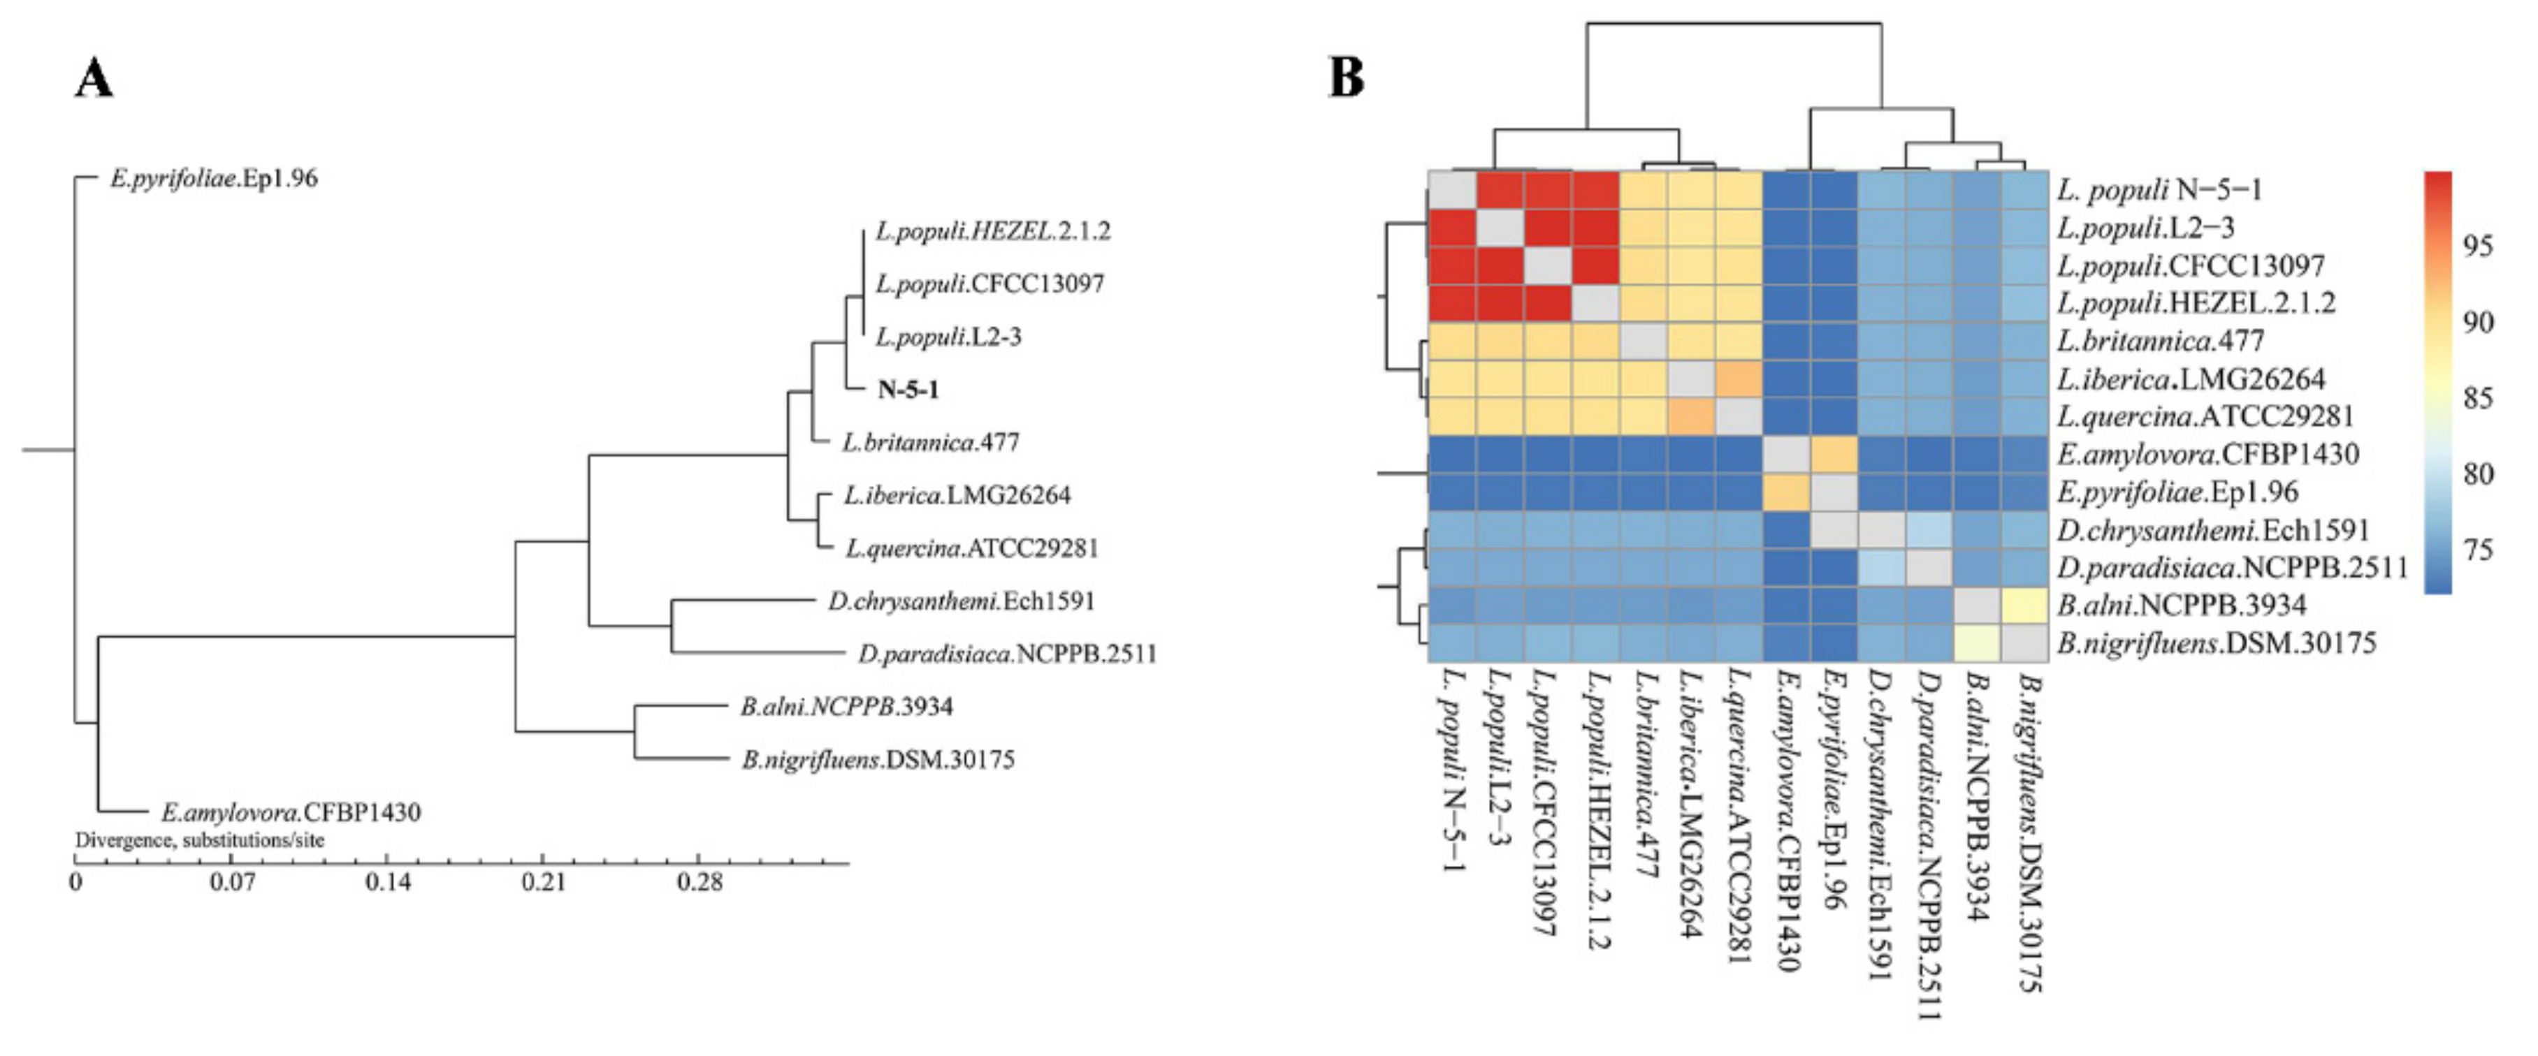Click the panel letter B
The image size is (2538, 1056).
pos(1347,77)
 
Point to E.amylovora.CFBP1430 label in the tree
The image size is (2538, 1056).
pos(291,813)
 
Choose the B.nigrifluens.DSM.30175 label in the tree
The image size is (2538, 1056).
pos(877,759)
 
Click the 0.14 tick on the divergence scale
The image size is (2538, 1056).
pos(389,881)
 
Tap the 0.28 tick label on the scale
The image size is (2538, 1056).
pos(699,881)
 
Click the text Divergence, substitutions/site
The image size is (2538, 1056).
pos(200,840)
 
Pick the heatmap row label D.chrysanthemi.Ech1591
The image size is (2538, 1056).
pos(2212,530)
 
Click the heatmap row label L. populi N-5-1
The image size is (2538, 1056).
pos(2159,189)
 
